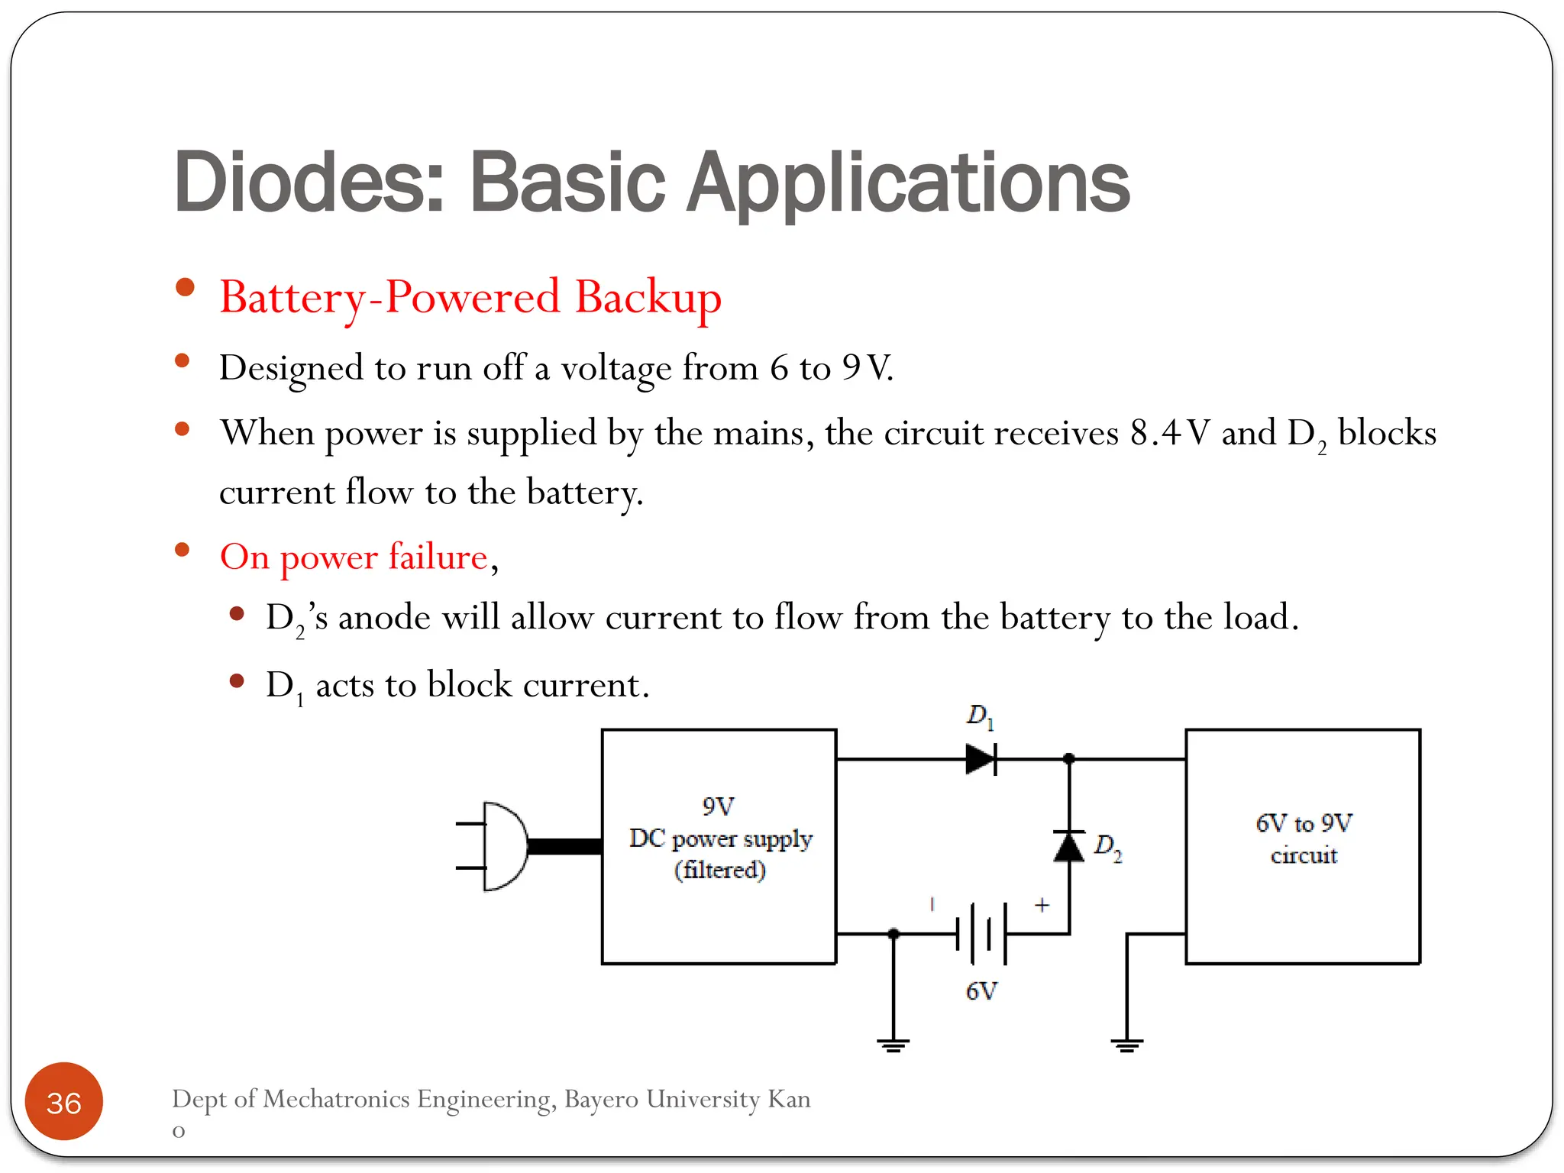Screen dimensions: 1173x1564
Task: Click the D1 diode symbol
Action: tap(981, 759)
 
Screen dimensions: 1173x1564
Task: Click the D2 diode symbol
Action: tap(1068, 846)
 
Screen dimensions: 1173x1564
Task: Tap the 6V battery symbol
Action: tap(982, 933)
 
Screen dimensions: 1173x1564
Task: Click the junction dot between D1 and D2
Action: tap(1069, 759)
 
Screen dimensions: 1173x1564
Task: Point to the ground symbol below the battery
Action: tap(893, 1044)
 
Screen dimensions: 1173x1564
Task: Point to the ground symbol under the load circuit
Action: tap(1127, 1044)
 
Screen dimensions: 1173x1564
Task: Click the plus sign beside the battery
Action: tap(1042, 905)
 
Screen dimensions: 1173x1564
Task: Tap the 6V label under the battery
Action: tap(982, 991)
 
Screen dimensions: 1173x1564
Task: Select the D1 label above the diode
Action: tap(980, 716)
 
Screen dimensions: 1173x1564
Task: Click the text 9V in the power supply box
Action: tap(718, 806)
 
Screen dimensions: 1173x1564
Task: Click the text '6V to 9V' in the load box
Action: tap(1304, 823)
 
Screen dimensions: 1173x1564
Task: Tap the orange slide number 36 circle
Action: tap(64, 1102)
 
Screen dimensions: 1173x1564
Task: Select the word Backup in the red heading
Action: tap(648, 298)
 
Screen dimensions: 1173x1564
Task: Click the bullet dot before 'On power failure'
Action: tap(182, 550)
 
